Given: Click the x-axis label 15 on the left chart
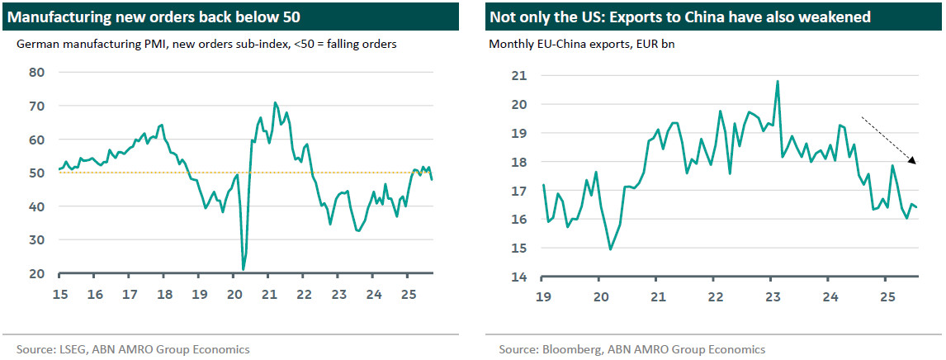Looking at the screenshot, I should [x=60, y=294].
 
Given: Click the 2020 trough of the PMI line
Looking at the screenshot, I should [x=244, y=269].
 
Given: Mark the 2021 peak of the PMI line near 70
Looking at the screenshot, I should [x=275, y=103].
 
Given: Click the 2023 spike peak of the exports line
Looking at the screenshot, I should [x=778, y=81].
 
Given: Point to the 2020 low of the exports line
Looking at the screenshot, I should [x=610, y=249].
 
